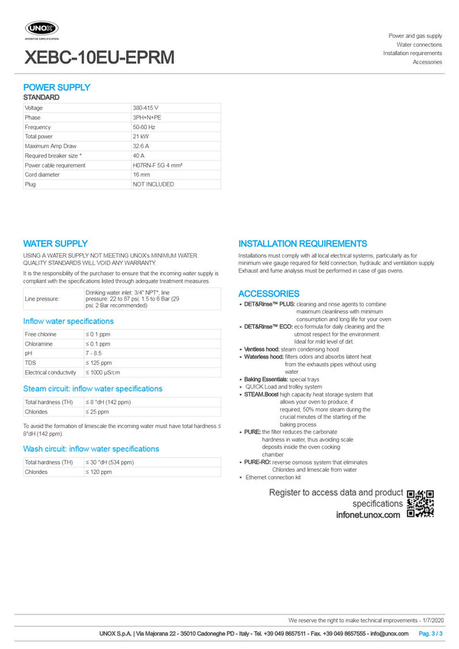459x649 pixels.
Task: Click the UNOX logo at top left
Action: tap(42, 28)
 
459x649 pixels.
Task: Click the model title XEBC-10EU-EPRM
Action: tap(99, 57)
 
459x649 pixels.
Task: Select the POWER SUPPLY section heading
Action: tap(57, 87)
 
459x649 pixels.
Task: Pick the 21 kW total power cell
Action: tap(142, 137)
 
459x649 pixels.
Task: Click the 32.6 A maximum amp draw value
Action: tap(142, 146)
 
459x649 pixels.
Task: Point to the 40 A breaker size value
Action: tap(139, 156)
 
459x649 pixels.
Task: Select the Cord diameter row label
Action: tap(42, 174)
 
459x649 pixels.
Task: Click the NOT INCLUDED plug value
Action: tap(153, 184)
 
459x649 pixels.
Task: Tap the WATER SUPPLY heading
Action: tap(55, 243)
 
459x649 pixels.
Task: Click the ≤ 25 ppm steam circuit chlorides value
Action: tap(97, 411)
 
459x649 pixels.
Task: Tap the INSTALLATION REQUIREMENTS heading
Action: tap(302, 243)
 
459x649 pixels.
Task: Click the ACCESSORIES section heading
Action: tap(269, 294)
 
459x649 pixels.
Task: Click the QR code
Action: tap(420, 503)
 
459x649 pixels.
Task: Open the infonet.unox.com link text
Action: tap(368, 515)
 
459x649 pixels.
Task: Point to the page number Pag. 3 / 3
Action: tap(431, 634)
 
